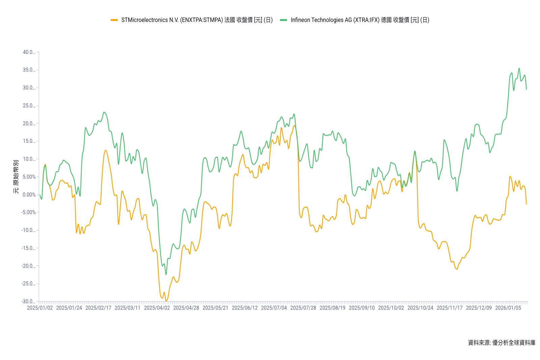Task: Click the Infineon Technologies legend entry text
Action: [x=360, y=20]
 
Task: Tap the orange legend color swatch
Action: [x=114, y=20]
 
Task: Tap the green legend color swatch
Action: [x=283, y=20]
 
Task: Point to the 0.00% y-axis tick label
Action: [x=29, y=195]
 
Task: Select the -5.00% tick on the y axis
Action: [x=29, y=212]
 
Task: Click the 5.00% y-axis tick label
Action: [x=29, y=177]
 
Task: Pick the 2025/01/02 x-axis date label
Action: [x=40, y=308]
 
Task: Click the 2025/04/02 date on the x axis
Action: [x=157, y=308]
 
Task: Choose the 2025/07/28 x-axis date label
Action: [x=303, y=308]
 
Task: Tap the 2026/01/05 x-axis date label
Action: [x=508, y=308]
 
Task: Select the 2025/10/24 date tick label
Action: [x=420, y=308]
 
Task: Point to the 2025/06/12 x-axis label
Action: [x=245, y=308]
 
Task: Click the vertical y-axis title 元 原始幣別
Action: [x=16, y=177]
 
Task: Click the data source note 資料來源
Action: [x=502, y=342]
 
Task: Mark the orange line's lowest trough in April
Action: [x=166, y=301]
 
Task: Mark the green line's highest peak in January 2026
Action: [x=519, y=68]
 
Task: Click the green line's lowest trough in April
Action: [x=166, y=275]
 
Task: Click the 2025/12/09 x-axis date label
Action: [x=479, y=308]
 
